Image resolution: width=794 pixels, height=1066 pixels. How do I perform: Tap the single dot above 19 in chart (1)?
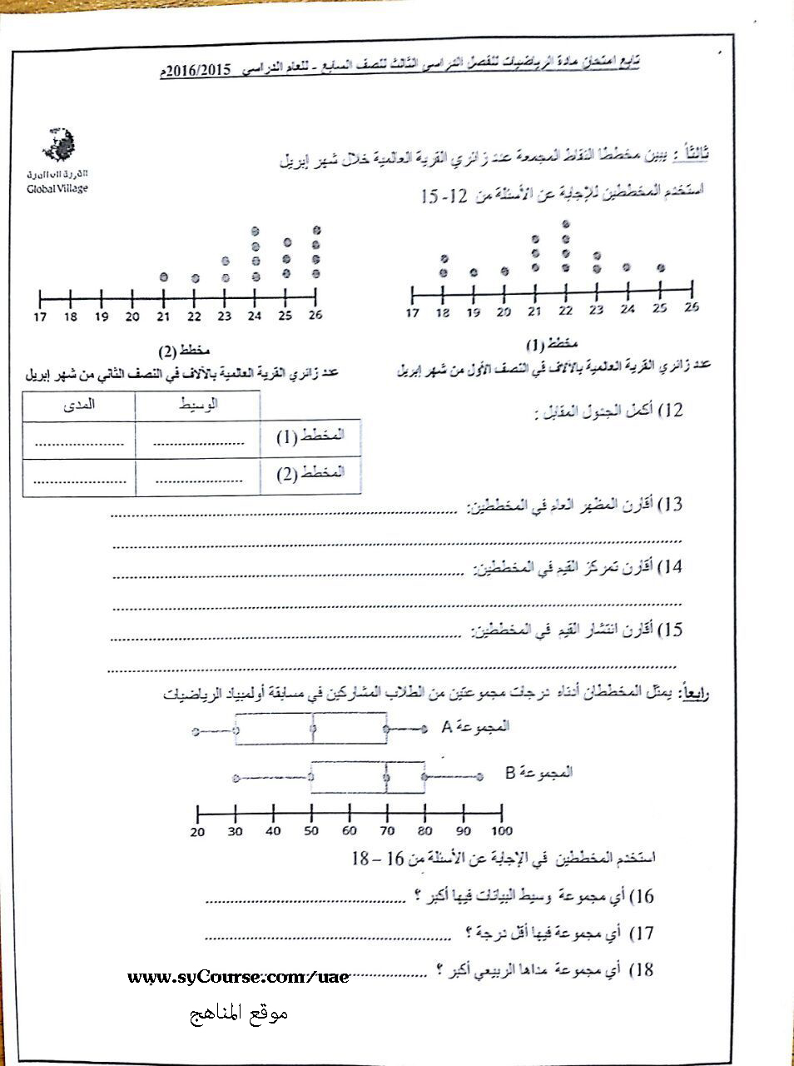(x=474, y=271)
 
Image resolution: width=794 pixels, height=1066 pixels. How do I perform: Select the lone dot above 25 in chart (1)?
(x=661, y=267)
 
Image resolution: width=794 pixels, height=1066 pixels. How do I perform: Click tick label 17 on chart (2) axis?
(x=40, y=316)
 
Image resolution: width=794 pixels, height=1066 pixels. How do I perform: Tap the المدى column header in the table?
(x=79, y=405)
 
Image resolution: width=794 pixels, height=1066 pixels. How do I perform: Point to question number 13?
(x=670, y=505)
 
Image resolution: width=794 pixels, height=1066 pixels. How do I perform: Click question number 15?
(x=670, y=630)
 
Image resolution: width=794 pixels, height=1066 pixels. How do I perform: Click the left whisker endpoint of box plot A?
(x=195, y=732)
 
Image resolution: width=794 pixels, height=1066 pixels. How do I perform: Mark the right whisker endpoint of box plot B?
(x=480, y=777)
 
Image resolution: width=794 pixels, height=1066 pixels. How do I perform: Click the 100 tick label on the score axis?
(x=501, y=831)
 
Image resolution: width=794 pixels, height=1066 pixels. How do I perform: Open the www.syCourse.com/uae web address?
(x=238, y=977)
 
